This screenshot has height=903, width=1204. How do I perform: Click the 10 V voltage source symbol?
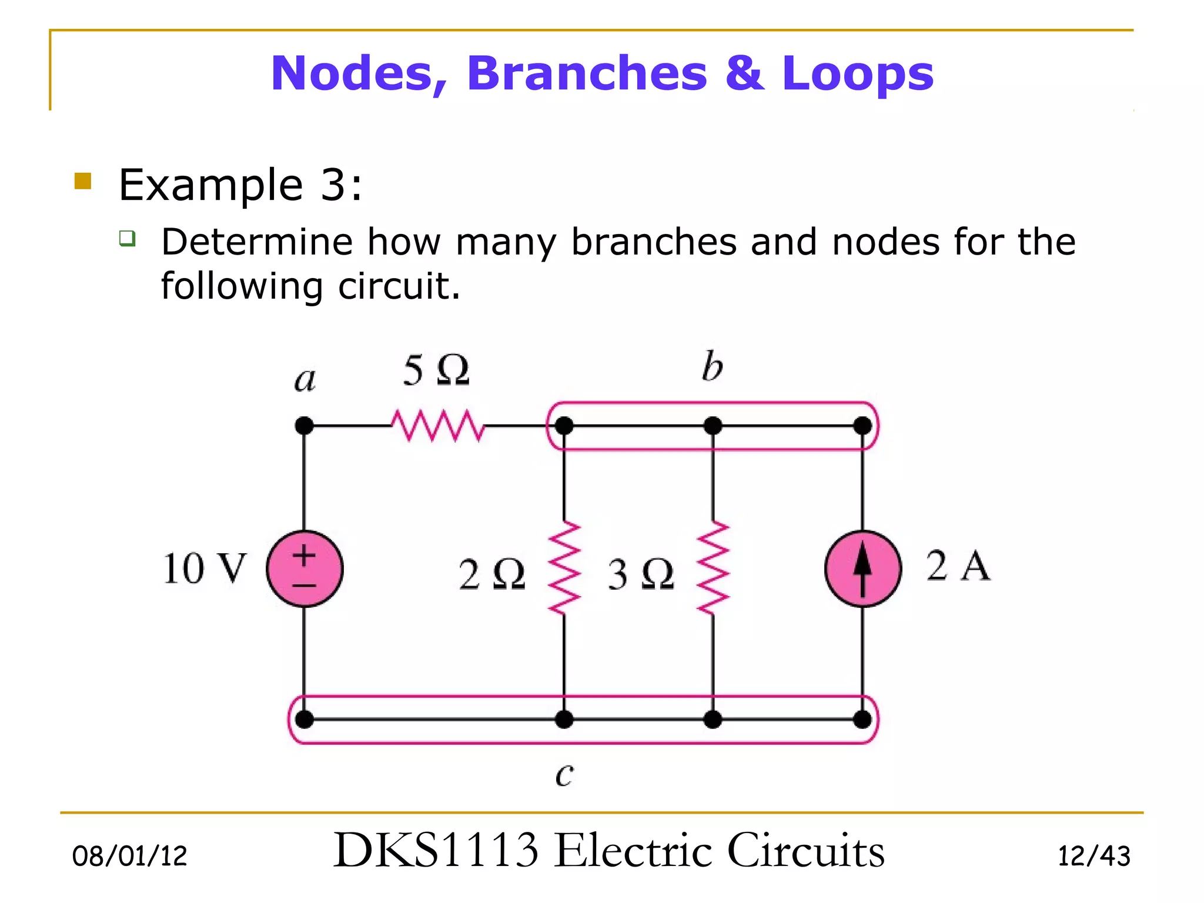(305, 568)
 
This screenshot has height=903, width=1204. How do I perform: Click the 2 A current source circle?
(862, 568)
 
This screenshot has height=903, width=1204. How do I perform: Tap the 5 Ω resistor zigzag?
(438, 425)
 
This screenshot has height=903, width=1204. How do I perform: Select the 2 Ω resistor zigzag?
(564, 568)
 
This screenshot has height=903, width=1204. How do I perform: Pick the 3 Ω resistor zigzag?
(713, 568)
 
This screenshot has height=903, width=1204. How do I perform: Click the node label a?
(305, 379)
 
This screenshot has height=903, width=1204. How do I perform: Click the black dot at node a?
(304, 425)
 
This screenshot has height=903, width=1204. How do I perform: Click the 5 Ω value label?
(436, 370)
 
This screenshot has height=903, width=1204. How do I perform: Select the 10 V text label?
(204, 568)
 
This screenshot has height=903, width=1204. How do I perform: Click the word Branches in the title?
(587, 73)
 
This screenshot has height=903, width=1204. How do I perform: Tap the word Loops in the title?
(857, 73)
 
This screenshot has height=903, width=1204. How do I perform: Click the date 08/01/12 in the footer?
(129, 856)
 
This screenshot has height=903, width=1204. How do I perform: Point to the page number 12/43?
(1093, 856)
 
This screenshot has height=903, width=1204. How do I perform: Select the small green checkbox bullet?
(127, 238)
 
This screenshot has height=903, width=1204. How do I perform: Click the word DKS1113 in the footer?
(436, 850)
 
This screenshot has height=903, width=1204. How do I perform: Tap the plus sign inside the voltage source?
(304, 555)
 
